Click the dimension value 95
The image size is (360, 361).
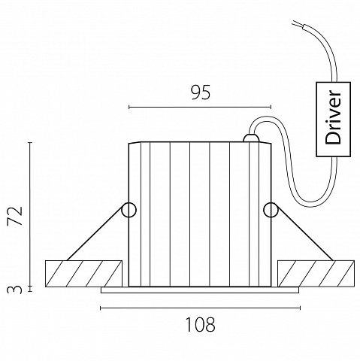tap(201, 93)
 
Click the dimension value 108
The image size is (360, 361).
tap(201, 324)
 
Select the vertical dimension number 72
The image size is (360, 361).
tap(15, 216)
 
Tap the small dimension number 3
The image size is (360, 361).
tap(14, 290)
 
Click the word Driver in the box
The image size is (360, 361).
tap(333, 117)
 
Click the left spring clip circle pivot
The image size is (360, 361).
tap(129, 210)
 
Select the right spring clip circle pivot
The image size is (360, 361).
tap(271, 210)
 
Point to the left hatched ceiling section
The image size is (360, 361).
tap(83, 274)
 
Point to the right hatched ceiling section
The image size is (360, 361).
tap(316, 274)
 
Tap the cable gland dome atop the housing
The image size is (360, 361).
tap(251, 138)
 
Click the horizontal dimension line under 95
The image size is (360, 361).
tap(200, 108)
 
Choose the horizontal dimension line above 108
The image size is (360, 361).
tap(200, 308)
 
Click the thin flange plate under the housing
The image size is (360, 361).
tap(200, 290)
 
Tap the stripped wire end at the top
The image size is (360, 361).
tap(298, 24)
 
